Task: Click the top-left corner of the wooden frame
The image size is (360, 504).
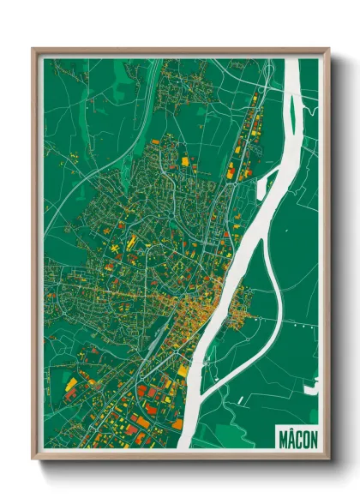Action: (x=33, y=50)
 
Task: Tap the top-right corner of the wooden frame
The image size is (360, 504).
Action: (x=328, y=50)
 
